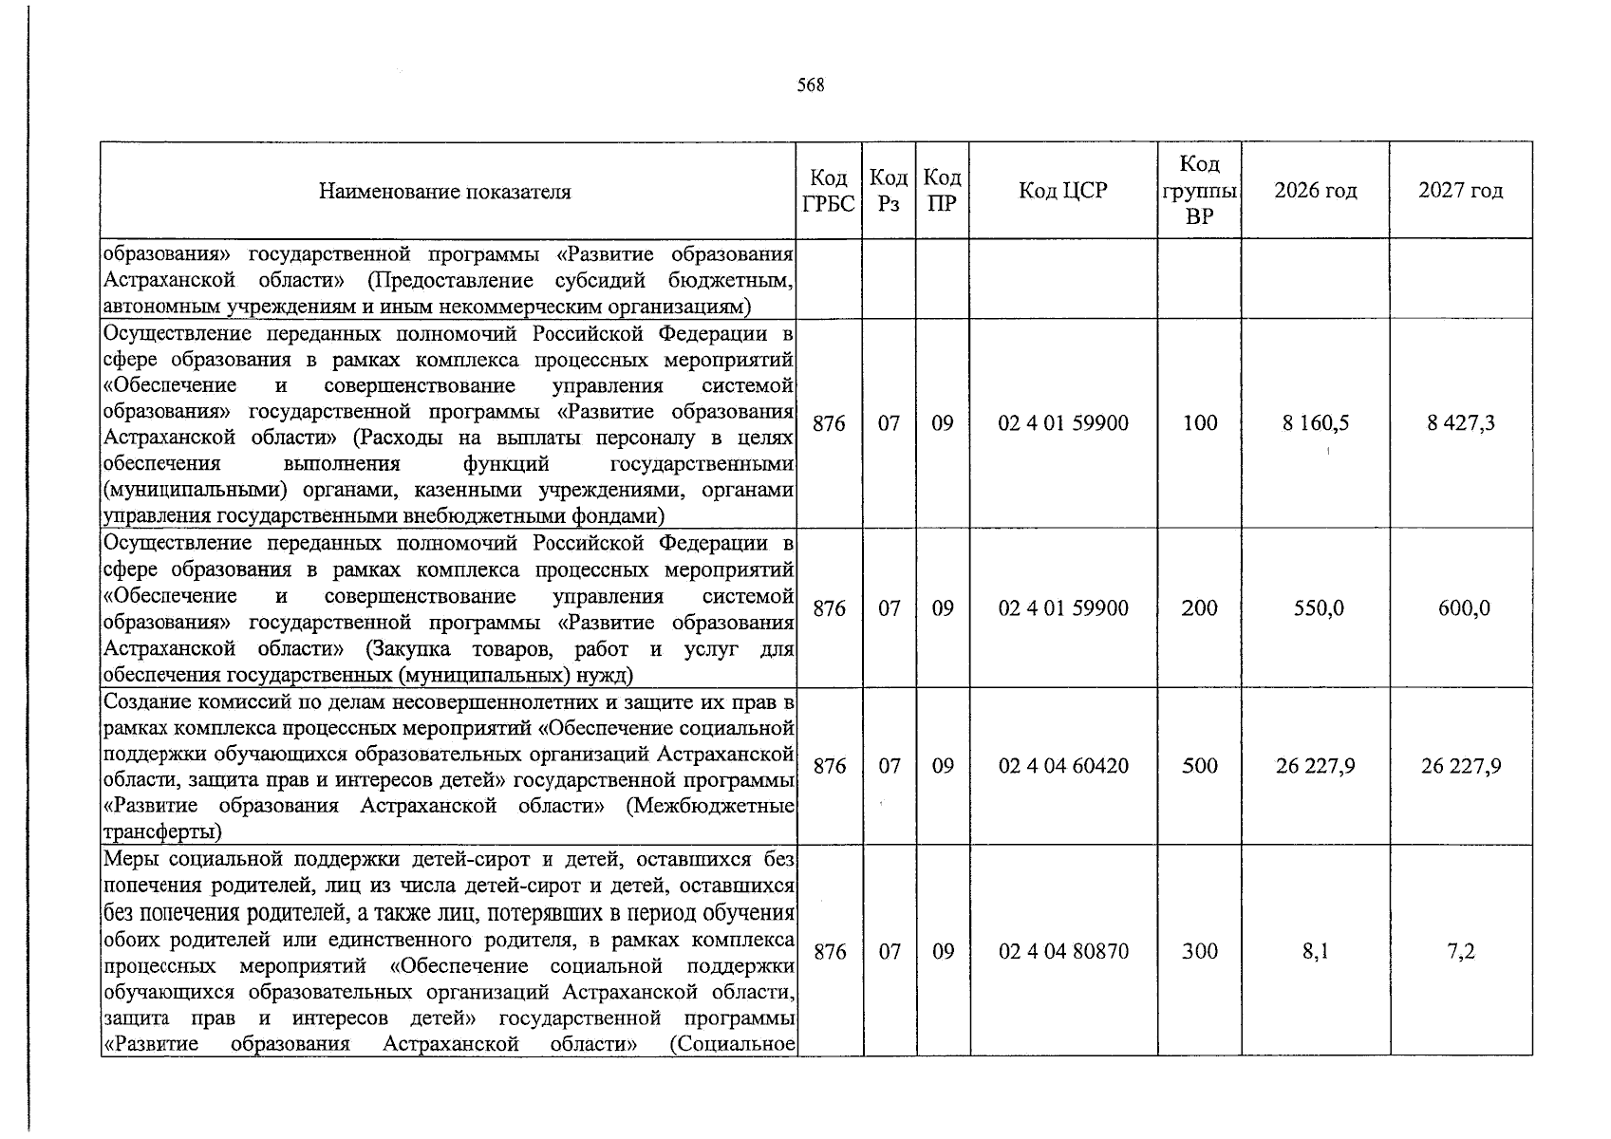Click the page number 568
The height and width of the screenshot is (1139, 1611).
(x=811, y=85)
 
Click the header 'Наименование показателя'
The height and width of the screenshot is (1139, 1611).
(x=445, y=192)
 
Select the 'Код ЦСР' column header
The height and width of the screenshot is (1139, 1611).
(x=1063, y=191)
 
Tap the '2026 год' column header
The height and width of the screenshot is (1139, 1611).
(x=1315, y=191)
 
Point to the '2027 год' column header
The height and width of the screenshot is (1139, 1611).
(x=1460, y=191)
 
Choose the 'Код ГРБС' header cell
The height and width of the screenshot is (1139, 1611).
(x=829, y=191)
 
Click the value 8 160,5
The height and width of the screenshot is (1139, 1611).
(x=1315, y=423)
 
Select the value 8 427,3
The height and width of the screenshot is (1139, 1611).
(x=1460, y=423)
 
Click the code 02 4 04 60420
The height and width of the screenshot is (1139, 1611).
(x=1063, y=766)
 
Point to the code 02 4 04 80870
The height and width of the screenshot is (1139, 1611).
(x=1063, y=951)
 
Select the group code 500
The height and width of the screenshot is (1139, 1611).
(x=1199, y=766)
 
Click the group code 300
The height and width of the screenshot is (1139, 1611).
(x=1199, y=951)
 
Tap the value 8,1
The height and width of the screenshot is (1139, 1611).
(x=1315, y=951)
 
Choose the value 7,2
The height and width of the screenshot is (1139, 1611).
(x=1461, y=951)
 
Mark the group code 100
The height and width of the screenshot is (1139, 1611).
(x=1199, y=423)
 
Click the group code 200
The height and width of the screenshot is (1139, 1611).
(x=1199, y=608)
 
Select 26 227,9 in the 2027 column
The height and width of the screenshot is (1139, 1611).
(x=1460, y=766)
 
